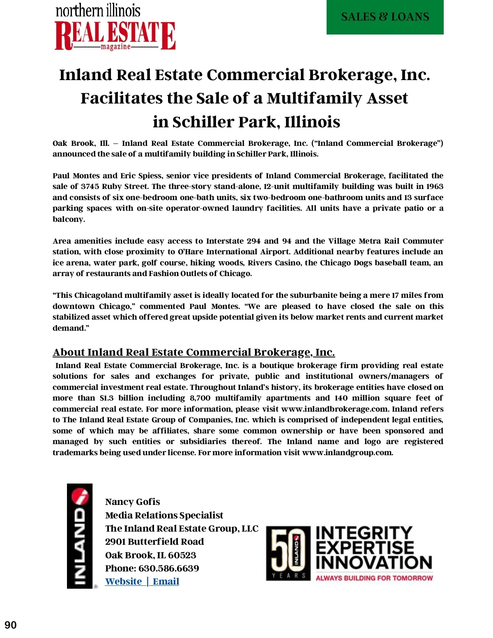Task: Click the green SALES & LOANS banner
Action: pyautogui.click(x=385, y=17)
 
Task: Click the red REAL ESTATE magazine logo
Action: pyautogui.click(x=115, y=36)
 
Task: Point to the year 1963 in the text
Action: pyautogui.click(x=434, y=187)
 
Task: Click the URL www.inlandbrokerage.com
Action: pyautogui.click(x=334, y=409)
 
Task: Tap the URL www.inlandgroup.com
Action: pyautogui.click(x=347, y=453)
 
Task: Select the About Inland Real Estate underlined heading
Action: pyautogui.click(x=194, y=352)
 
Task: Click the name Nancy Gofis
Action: pyautogui.click(x=132, y=502)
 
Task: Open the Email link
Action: pyautogui.click(x=166, y=581)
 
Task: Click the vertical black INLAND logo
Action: pyautogui.click(x=80, y=536)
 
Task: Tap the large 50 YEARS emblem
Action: pyautogui.click(x=288, y=553)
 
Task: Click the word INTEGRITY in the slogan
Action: pyautogui.click(x=364, y=533)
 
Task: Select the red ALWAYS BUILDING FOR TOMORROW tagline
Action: pyautogui.click(x=374, y=578)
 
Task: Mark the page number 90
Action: pyautogui.click(x=11, y=625)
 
